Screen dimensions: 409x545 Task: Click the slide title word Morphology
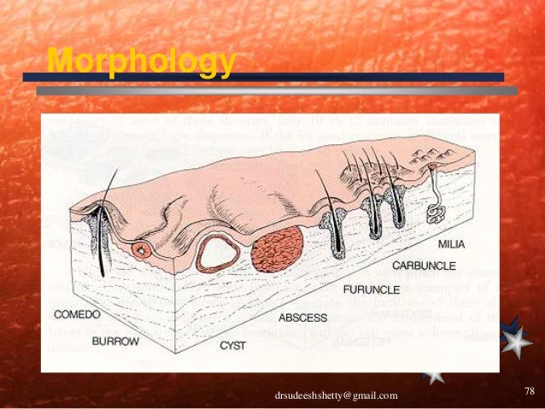(141, 61)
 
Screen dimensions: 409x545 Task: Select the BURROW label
(114, 340)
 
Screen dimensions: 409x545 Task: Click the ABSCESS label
(302, 318)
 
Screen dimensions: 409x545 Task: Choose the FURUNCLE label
(372, 289)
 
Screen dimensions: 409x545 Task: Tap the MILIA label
(451, 244)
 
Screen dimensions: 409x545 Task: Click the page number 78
(528, 392)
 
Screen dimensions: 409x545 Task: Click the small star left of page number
(434, 376)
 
